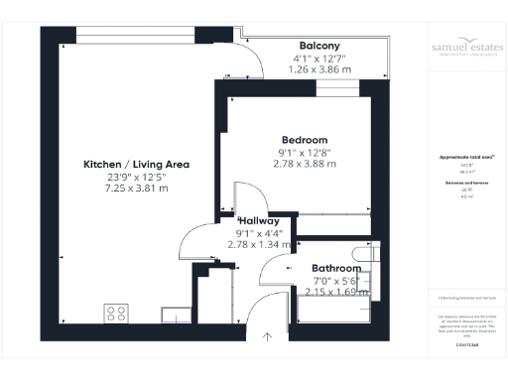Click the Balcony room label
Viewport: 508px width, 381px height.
click(319, 46)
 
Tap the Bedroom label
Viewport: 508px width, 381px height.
click(304, 140)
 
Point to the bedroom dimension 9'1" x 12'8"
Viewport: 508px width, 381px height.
click(304, 152)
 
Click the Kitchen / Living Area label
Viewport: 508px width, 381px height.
click(137, 164)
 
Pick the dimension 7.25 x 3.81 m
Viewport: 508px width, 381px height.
click(137, 189)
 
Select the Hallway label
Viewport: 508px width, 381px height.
click(256, 221)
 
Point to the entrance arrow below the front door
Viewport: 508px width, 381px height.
click(267, 338)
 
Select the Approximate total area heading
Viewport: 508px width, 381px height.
click(464, 157)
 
